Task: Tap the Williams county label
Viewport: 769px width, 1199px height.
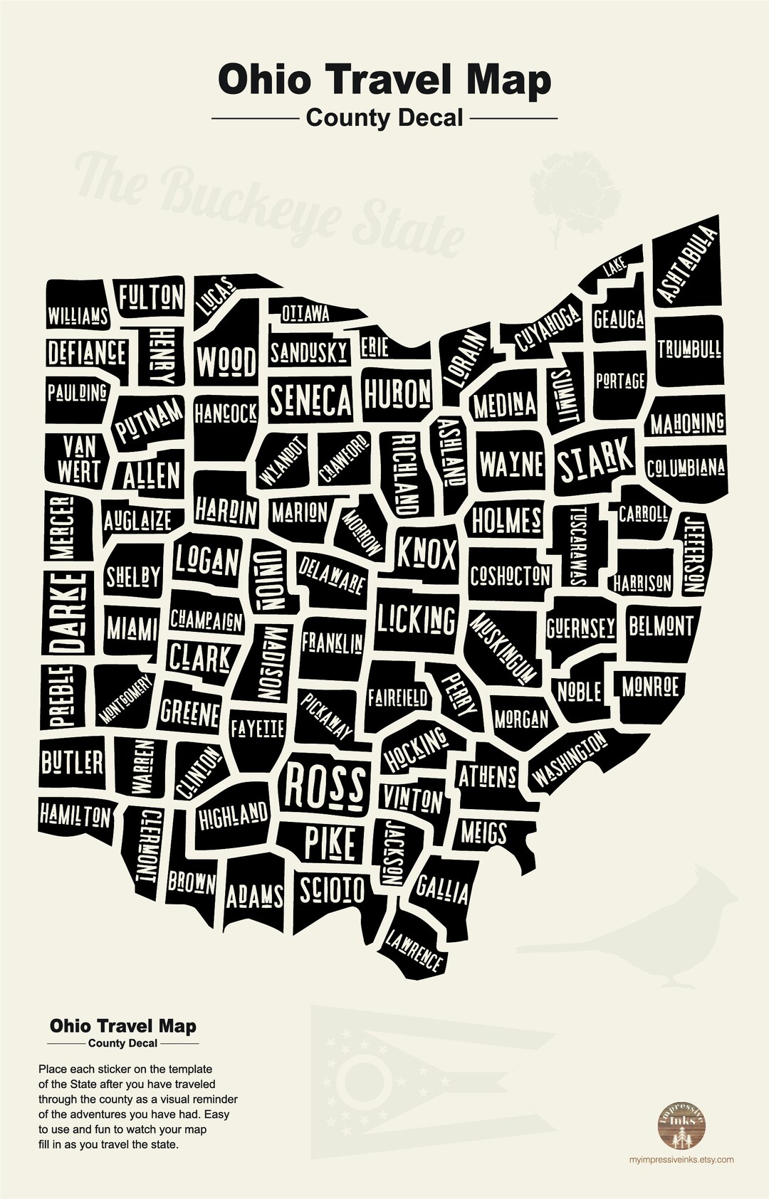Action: (x=78, y=315)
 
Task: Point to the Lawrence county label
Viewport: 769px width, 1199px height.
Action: (x=414, y=951)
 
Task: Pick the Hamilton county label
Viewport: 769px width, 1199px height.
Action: (x=75, y=815)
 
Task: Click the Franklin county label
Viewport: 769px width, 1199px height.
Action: (x=332, y=643)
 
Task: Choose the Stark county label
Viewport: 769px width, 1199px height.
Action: (x=595, y=460)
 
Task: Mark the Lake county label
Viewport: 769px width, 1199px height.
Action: (x=614, y=268)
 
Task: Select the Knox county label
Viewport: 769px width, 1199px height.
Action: (x=426, y=553)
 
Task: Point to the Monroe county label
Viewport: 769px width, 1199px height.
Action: (x=650, y=687)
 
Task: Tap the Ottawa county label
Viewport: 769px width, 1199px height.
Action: (x=305, y=313)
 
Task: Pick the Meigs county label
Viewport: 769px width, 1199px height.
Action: (x=483, y=832)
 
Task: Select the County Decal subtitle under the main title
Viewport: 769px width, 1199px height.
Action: (x=384, y=118)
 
